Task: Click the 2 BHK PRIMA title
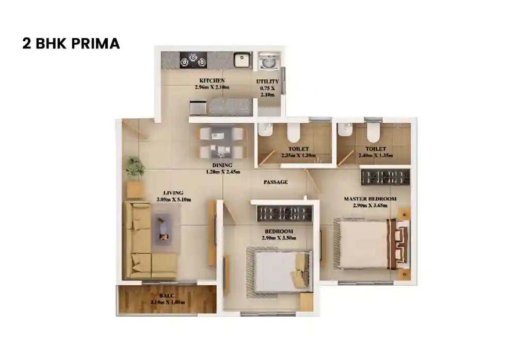point(71,43)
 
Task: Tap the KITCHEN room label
point(212,80)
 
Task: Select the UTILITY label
point(268,81)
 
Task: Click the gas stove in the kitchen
point(192,60)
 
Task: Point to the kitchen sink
point(240,60)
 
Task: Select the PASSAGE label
point(276,182)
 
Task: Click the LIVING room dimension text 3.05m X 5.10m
point(174,199)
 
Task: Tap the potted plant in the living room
point(135,167)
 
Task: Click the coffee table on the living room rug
point(164,230)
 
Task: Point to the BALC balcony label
point(167,296)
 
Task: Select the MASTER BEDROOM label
point(370,199)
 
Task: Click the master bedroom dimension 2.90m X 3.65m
point(370,205)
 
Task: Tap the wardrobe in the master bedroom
point(385,176)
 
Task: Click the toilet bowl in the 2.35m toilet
point(293,133)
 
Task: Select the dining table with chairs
point(221,143)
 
